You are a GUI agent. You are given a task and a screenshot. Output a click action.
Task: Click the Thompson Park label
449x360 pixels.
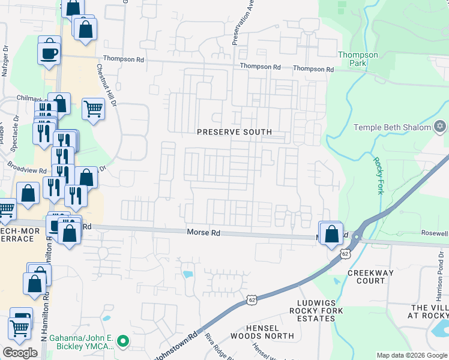358,58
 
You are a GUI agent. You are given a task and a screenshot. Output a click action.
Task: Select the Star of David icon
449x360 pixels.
440,127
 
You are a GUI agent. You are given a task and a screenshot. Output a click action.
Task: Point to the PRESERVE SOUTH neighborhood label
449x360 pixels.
235,132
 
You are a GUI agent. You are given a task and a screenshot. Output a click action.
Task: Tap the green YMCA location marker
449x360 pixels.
124,342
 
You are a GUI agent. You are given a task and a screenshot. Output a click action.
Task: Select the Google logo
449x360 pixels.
20,353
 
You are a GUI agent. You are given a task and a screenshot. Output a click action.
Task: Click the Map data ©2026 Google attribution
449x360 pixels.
412,355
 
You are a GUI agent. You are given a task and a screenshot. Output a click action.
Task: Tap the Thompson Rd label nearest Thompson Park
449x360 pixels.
313,70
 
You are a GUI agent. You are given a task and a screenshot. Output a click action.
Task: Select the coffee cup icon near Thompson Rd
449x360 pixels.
49,53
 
